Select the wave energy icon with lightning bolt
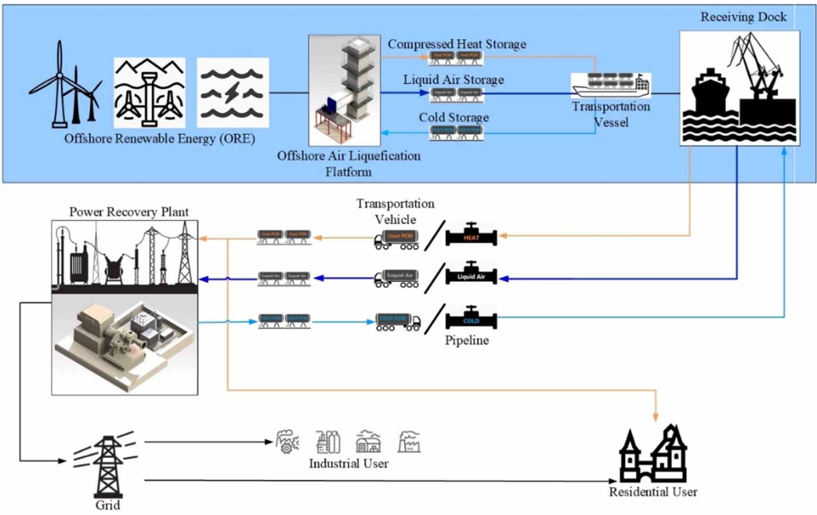tap(232, 93)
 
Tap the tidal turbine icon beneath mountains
tap(149, 93)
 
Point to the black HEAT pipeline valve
tap(471, 235)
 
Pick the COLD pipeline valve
tap(471, 319)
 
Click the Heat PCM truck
tap(397, 239)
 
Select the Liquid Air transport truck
tap(397, 279)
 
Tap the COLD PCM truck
tap(398, 322)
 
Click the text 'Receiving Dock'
tap(743, 17)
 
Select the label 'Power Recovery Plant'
tap(129, 212)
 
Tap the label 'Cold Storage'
tap(454, 117)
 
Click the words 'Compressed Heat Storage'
tap(457, 44)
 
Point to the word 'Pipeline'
tap(467, 340)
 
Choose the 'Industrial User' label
tap(348, 463)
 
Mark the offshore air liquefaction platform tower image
tap(345, 90)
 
